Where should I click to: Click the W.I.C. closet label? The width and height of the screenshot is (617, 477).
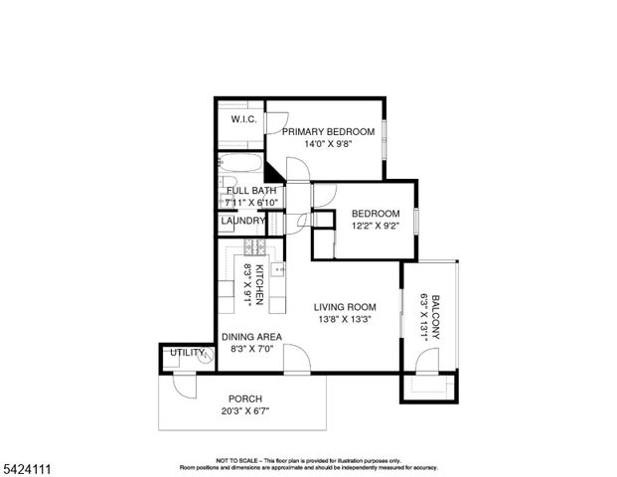(x=244, y=120)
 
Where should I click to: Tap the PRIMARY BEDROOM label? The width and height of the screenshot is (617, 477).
(x=328, y=131)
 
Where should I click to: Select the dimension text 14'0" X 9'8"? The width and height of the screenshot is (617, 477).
(x=328, y=145)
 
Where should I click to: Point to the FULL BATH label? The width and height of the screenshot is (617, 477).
(x=251, y=190)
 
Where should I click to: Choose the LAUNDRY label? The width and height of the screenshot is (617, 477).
(x=242, y=221)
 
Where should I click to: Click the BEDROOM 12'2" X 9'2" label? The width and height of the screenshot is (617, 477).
(x=376, y=220)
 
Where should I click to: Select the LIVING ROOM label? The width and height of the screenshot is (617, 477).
(x=345, y=307)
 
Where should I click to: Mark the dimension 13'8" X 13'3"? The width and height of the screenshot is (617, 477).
(x=345, y=320)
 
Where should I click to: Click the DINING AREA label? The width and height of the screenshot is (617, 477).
(x=251, y=337)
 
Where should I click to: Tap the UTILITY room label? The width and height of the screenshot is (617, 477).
(x=187, y=353)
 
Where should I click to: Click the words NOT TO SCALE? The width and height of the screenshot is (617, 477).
(x=234, y=460)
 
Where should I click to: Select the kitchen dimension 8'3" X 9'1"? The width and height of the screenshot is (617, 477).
(x=247, y=285)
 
